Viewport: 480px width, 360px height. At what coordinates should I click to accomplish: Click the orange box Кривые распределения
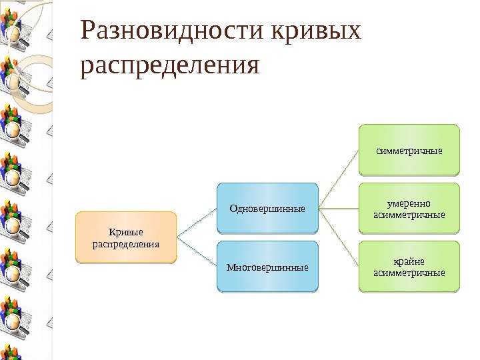[x=126, y=237]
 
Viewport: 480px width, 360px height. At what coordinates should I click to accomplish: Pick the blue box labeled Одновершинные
[x=267, y=208]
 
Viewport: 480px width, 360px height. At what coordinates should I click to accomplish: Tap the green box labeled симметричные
[x=409, y=149]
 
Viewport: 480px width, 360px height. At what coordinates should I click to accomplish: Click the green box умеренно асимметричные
[x=409, y=209]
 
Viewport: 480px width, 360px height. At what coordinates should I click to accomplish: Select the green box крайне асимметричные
[x=409, y=267]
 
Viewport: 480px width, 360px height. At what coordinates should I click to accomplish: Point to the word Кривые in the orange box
[x=126, y=232]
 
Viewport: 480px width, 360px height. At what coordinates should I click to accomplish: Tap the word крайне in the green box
[x=409, y=261]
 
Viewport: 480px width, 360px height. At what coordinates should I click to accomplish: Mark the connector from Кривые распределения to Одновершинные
[x=196, y=223]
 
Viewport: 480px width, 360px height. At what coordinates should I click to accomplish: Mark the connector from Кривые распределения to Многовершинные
[x=196, y=253]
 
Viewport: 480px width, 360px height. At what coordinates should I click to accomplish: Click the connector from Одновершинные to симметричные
[x=339, y=179]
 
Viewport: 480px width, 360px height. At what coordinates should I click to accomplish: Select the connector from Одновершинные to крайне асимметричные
[x=339, y=238]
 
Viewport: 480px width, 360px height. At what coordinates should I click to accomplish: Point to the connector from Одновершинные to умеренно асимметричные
[x=339, y=209]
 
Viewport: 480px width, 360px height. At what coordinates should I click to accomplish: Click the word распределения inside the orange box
[x=126, y=243]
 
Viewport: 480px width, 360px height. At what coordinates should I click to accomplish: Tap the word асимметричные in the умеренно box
[x=409, y=215]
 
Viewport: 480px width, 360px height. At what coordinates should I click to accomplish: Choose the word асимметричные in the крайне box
[x=409, y=273]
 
